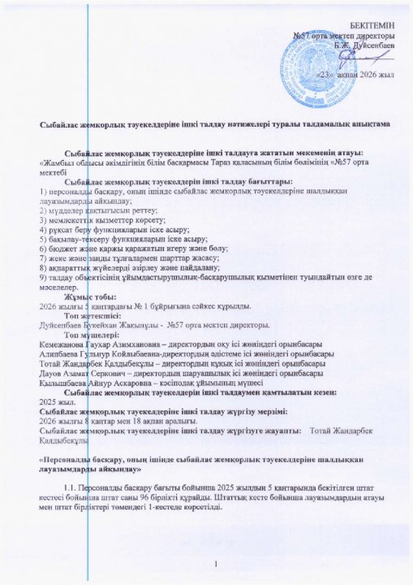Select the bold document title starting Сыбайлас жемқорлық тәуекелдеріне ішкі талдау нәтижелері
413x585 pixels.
[216, 123]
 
